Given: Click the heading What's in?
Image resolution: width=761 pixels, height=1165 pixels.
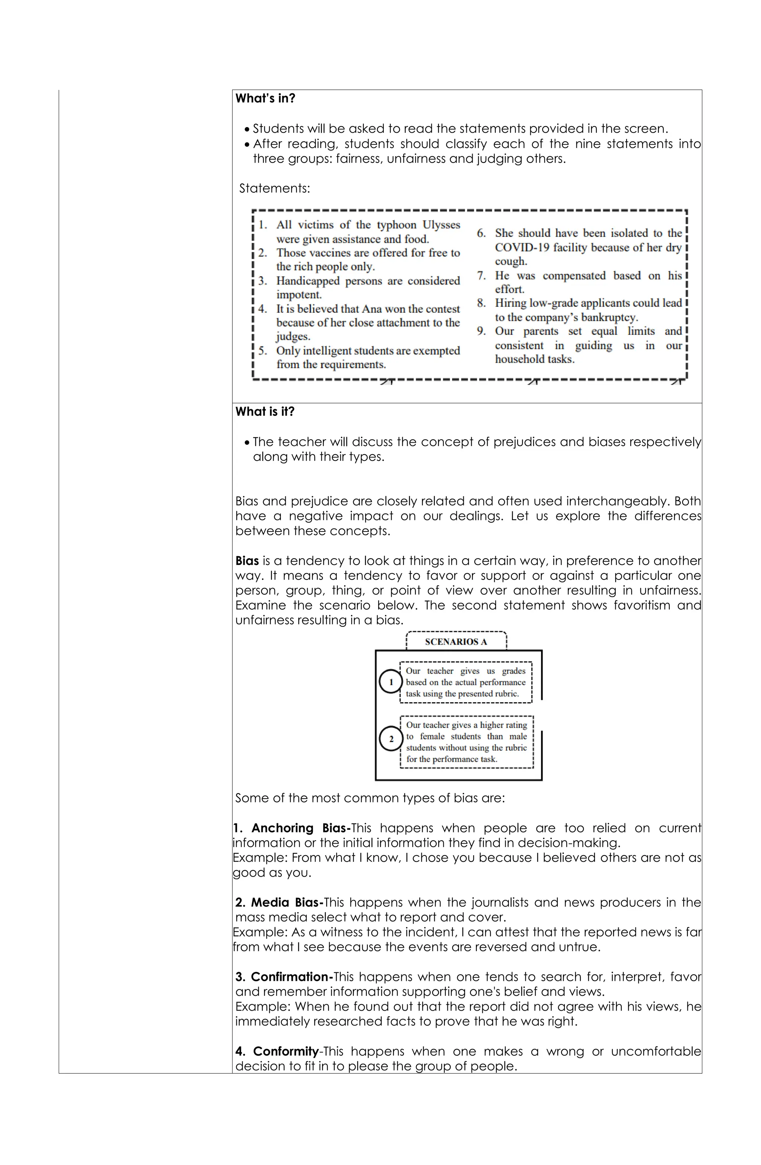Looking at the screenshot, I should point(265,99).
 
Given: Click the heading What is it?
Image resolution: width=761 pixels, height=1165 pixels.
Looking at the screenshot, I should point(265,412).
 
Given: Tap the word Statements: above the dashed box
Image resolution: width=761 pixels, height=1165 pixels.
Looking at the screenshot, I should point(274,189).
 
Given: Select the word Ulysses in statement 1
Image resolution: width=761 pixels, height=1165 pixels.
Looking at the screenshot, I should point(441,225).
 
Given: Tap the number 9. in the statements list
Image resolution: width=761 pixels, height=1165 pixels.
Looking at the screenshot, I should point(481,331).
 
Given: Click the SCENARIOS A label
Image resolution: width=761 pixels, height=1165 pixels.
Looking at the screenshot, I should point(456,642).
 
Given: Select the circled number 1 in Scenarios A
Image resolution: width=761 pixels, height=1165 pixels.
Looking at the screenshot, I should point(391,682).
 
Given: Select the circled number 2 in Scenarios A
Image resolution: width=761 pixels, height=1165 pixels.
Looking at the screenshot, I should point(391,739).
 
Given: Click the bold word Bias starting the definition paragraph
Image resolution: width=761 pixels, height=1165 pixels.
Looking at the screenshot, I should point(247,561).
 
